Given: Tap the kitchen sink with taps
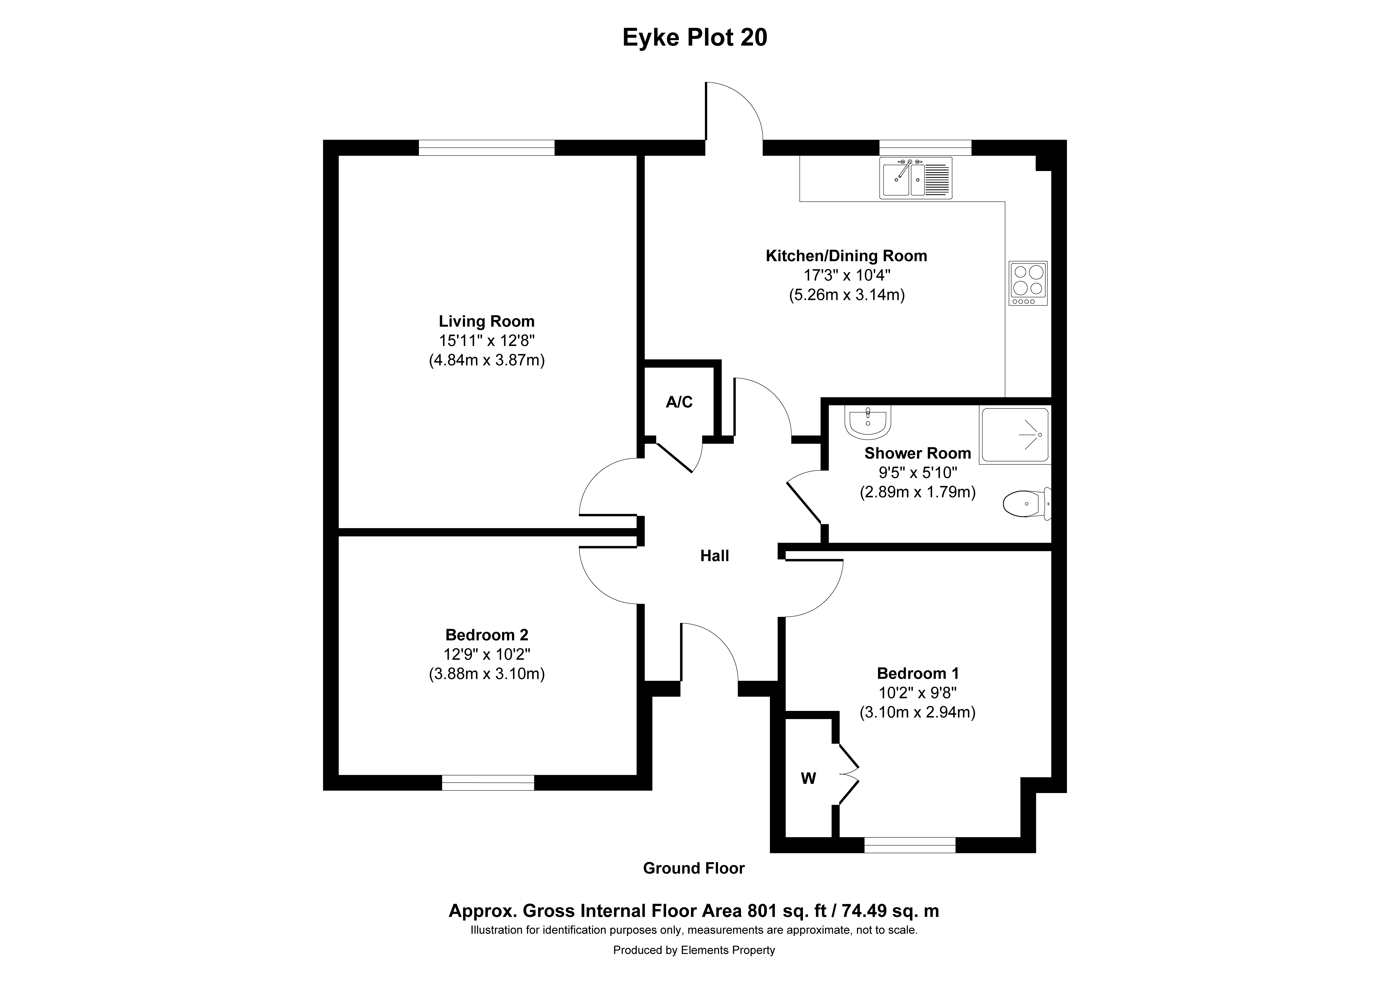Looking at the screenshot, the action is (x=916, y=178).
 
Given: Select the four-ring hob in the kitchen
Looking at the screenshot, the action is (x=1028, y=283).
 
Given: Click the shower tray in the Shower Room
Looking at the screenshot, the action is (x=1015, y=436).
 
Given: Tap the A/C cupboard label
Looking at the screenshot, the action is (x=679, y=402).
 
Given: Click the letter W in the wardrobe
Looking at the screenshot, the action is (x=809, y=779).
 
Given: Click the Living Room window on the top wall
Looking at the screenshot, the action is (x=487, y=148).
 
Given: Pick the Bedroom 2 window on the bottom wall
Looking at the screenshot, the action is (x=488, y=783).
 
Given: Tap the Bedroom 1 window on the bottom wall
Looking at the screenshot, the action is (x=910, y=845).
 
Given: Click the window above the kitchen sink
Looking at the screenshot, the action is (x=925, y=148).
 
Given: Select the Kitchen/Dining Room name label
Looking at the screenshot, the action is (x=846, y=256).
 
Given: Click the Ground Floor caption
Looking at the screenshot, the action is (x=694, y=868).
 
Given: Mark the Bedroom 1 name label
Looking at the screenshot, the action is (x=918, y=673).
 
